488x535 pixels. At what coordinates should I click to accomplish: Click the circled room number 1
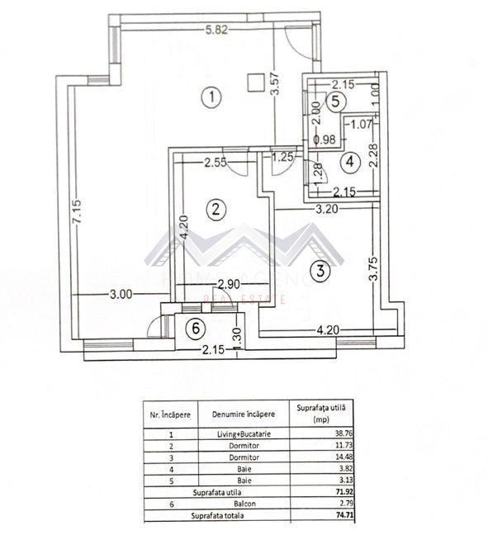(212, 97)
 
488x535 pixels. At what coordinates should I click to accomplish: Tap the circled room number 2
(215, 210)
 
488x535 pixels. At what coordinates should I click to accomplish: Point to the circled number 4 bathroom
(351, 162)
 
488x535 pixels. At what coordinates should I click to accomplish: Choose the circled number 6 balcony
(195, 329)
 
